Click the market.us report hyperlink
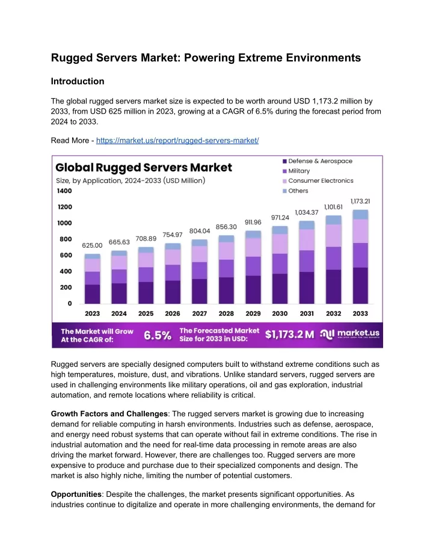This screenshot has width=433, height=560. [177, 140]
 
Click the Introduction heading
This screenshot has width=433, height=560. [78, 81]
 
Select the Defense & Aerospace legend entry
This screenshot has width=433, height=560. [318, 161]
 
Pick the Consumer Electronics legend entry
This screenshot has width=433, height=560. [318, 180]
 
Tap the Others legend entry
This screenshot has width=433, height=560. [295, 191]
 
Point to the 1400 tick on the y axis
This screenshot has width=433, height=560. [64, 191]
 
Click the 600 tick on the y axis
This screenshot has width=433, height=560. [66, 255]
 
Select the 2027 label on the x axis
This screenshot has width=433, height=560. [200, 313]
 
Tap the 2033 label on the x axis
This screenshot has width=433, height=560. [360, 313]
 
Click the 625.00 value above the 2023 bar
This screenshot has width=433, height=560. [92, 245]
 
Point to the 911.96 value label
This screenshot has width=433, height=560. [253, 222]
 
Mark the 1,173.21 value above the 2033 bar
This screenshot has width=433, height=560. [360, 202]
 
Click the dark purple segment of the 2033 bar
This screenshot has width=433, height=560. [360, 286]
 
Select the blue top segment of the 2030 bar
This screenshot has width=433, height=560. [280, 230]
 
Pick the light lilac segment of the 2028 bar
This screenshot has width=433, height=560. [226, 251]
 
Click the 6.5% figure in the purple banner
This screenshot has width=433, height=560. [158, 336]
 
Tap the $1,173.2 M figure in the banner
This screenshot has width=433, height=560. [289, 334]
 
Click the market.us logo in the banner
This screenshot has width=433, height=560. [349, 334]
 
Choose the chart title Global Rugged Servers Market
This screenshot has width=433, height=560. [144, 167]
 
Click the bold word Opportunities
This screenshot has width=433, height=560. [76, 494]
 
